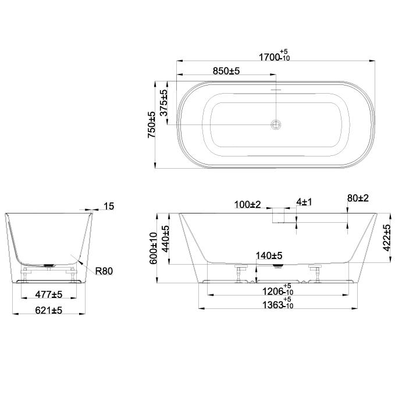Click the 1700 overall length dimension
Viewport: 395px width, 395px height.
[x=275, y=56]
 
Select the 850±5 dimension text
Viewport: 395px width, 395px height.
[x=226, y=71]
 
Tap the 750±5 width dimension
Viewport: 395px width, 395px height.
[x=151, y=124]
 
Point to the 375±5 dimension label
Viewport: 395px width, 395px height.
[x=163, y=103]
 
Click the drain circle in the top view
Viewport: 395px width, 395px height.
[x=276, y=124]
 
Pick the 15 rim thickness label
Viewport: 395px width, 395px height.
[x=109, y=207]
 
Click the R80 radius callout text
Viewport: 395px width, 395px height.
[x=104, y=271]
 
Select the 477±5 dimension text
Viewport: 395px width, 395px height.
[x=49, y=294]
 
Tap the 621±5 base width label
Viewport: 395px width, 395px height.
[x=49, y=311]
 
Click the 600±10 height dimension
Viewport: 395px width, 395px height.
[x=154, y=248]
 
